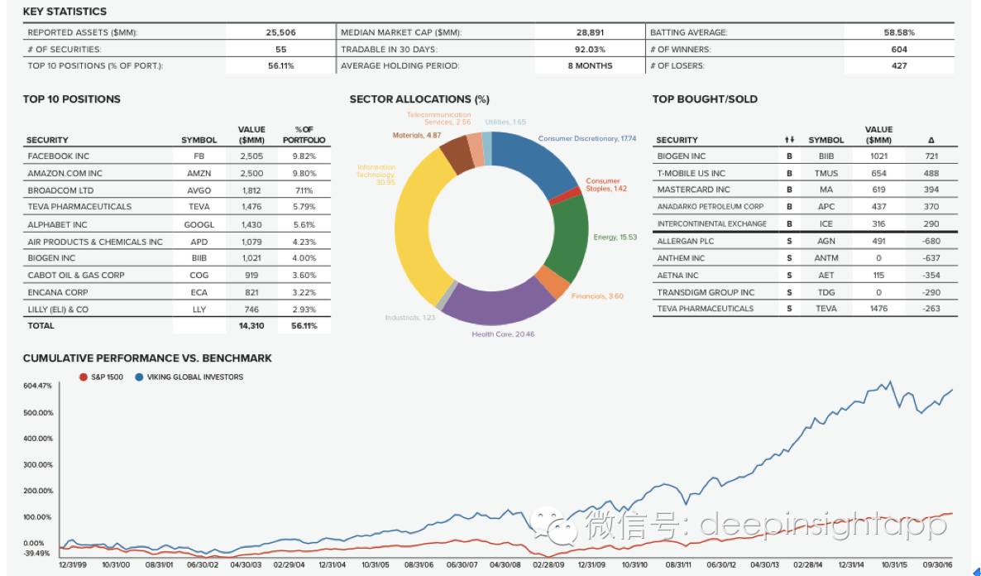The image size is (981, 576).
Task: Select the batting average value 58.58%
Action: [899, 32]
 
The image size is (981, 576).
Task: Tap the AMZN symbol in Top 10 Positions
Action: [199, 173]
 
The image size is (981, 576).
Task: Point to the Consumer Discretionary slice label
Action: [577, 138]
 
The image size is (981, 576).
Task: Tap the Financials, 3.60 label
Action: [597, 295]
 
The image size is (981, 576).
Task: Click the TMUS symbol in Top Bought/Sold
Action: [825, 173]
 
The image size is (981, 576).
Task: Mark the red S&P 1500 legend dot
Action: [83, 377]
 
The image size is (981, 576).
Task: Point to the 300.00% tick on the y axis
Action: [40, 464]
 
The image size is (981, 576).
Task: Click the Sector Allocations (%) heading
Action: [414, 99]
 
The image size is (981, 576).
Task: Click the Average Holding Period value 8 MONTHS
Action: [590, 65]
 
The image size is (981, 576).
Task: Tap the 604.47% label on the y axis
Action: [37, 386]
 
